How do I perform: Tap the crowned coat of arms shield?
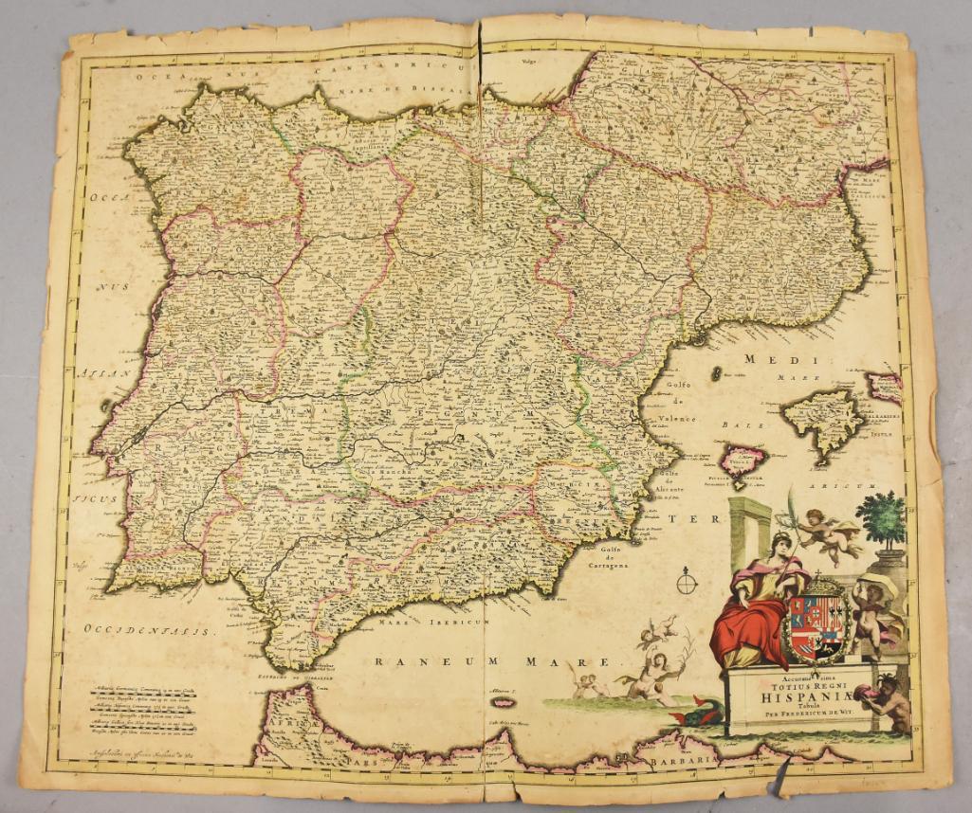816,623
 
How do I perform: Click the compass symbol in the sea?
688,580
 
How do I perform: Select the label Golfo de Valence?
676,402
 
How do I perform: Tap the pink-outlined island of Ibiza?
741,462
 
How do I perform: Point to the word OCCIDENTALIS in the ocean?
150,628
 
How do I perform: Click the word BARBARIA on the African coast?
686,759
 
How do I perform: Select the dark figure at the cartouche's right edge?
890,701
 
